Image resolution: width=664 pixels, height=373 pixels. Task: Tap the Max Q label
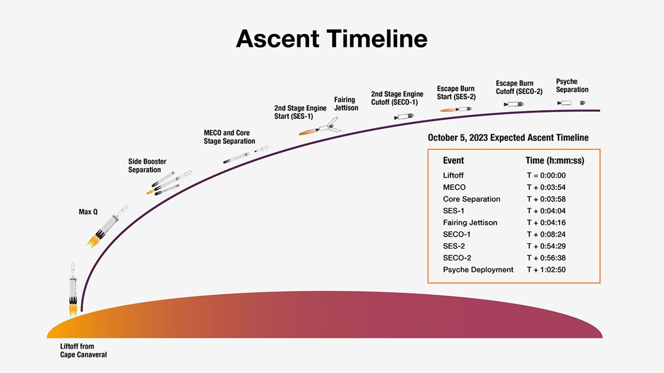(88, 212)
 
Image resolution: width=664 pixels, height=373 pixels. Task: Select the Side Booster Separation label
(147, 166)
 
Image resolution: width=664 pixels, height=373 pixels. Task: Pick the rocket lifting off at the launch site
(73, 289)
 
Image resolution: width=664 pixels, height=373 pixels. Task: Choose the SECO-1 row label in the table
(456, 234)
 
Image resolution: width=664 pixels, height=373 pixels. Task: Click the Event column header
(453, 160)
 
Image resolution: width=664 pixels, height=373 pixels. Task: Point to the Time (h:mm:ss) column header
(555, 160)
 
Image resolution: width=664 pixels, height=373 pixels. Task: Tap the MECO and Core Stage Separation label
(229, 137)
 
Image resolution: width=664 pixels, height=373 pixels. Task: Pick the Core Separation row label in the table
(471, 199)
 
